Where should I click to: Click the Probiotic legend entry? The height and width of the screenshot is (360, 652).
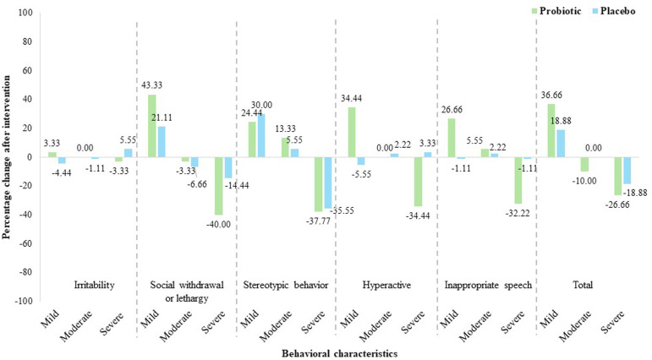coord(556,11)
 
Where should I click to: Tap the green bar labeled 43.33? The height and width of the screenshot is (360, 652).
coord(152,126)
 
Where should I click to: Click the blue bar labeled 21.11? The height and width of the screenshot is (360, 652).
coord(162,142)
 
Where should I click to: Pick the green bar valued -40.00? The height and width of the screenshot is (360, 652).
coord(219,186)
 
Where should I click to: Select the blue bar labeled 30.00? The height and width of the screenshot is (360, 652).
coord(261,135)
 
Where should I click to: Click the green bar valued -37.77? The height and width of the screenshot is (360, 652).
coord(319,184)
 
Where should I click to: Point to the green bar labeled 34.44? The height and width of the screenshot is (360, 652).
coord(352,132)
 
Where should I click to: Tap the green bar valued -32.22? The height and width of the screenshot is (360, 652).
coord(518,180)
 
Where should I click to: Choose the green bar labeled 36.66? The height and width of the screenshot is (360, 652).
coord(551,130)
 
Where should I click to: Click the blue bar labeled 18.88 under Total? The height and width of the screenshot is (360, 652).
coord(561,144)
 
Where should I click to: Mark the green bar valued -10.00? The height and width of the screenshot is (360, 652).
coord(584,164)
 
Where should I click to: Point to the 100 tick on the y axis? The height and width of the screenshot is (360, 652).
coord(25,13)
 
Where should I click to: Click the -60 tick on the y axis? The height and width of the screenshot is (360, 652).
coord(25,243)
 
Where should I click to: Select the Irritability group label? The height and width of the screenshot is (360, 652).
coord(94,285)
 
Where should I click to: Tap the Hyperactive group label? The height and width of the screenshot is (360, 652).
coord(386,285)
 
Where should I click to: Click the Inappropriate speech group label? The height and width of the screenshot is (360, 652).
coord(488,286)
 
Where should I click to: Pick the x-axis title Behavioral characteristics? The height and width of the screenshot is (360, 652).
coord(340,354)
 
